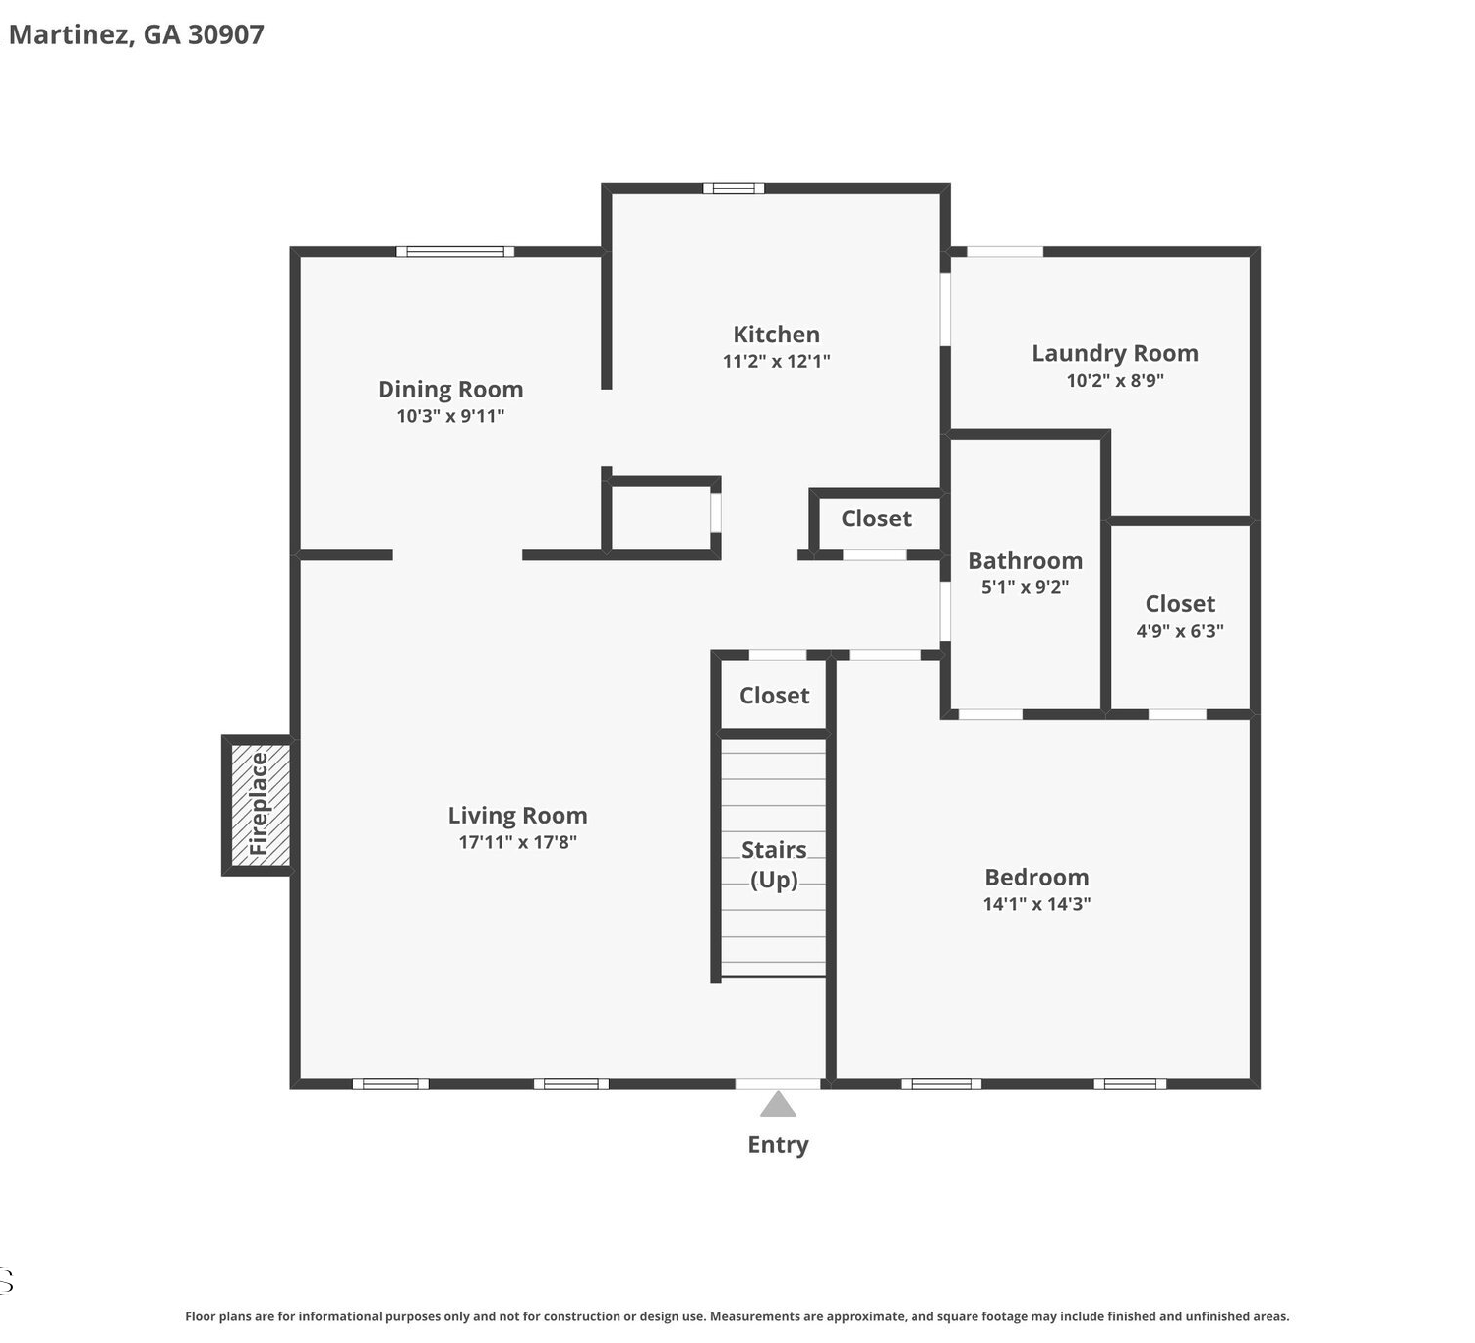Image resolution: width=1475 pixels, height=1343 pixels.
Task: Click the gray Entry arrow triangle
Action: (x=778, y=1105)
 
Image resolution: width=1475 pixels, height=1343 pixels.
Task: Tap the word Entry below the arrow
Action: (x=778, y=1145)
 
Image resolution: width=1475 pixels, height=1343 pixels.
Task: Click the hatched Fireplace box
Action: (x=260, y=805)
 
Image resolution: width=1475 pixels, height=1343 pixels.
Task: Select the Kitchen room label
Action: (x=777, y=335)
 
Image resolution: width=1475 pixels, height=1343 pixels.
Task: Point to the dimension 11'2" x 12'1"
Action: (x=777, y=361)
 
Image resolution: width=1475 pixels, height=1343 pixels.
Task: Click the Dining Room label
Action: (x=450, y=390)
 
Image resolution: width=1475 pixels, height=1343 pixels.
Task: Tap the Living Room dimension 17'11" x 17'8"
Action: (x=517, y=842)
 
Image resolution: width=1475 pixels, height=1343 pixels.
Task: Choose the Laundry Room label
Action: (x=1115, y=354)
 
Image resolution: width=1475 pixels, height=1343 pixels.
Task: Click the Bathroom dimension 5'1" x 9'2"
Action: (x=1025, y=587)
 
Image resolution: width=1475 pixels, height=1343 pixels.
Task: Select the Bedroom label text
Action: (x=1036, y=878)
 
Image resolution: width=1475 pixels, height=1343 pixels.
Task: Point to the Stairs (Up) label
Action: (x=774, y=865)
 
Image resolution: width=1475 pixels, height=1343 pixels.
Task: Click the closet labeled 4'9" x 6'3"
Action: (x=1180, y=617)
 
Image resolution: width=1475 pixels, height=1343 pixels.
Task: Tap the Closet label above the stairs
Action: (x=774, y=696)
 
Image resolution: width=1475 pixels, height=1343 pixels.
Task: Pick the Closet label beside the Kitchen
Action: (x=876, y=519)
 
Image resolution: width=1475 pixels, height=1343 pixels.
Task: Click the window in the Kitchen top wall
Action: (x=734, y=188)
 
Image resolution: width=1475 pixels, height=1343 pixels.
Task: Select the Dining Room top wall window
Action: (x=455, y=252)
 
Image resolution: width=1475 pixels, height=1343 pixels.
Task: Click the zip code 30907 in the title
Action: (x=226, y=34)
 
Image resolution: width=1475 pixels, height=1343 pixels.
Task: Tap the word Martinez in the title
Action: (x=72, y=35)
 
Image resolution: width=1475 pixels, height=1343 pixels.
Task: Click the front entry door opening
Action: (x=778, y=1084)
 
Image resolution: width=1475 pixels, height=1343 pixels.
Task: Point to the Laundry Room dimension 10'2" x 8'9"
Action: (x=1115, y=381)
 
